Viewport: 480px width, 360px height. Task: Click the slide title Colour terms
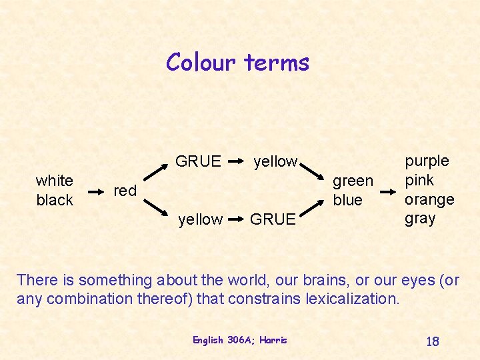coord(238,62)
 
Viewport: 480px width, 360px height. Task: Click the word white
coord(55,181)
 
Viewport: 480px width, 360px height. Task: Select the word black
coord(55,200)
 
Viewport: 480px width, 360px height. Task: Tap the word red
coord(125,191)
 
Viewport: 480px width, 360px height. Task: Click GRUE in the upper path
coord(198,161)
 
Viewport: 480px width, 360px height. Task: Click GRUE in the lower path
coord(273,219)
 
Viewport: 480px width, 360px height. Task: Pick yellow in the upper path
coord(275,161)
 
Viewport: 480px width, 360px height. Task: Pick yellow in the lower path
coord(201,219)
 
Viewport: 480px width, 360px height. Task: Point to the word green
coord(353,181)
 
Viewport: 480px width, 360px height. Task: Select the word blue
coord(347,200)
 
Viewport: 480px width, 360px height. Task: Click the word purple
coord(427,161)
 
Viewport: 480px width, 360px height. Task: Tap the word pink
coord(419,180)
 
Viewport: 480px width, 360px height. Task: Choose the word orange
coord(429,199)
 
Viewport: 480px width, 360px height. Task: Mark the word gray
coord(420,218)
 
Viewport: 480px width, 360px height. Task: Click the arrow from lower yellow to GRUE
coord(236,219)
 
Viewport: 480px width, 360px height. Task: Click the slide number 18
coord(432,341)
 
